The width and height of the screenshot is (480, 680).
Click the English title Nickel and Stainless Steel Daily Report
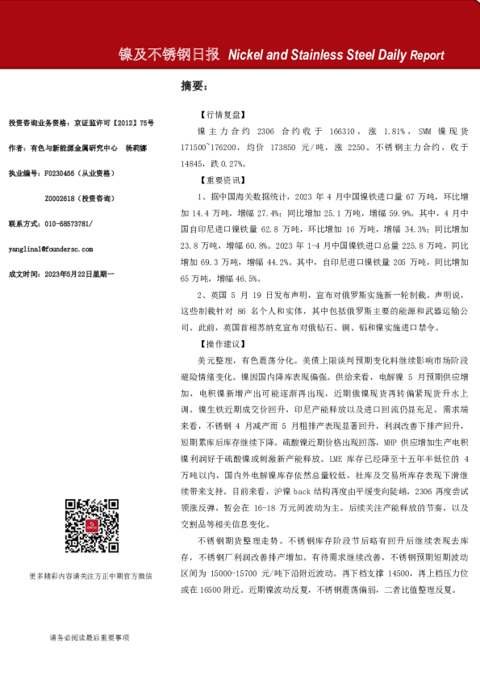click(x=336, y=56)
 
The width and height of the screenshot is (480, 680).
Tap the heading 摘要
click(x=194, y=86)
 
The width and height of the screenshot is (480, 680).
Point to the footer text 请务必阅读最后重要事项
click(x=89, y=637)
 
